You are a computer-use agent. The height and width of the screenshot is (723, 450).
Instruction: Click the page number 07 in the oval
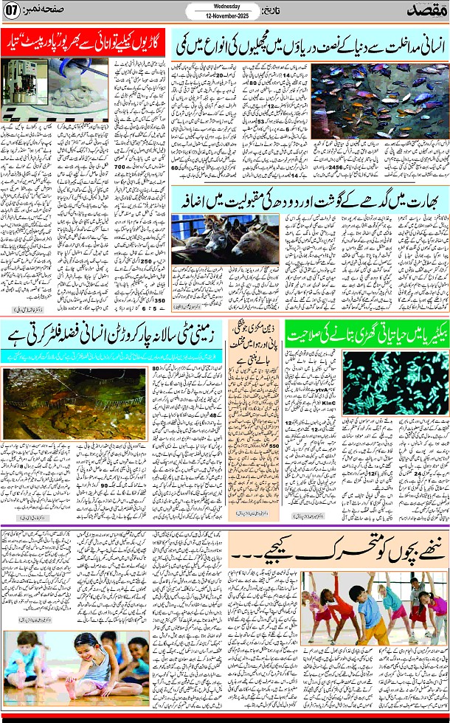pyautogui.click(x=13, y=13)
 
